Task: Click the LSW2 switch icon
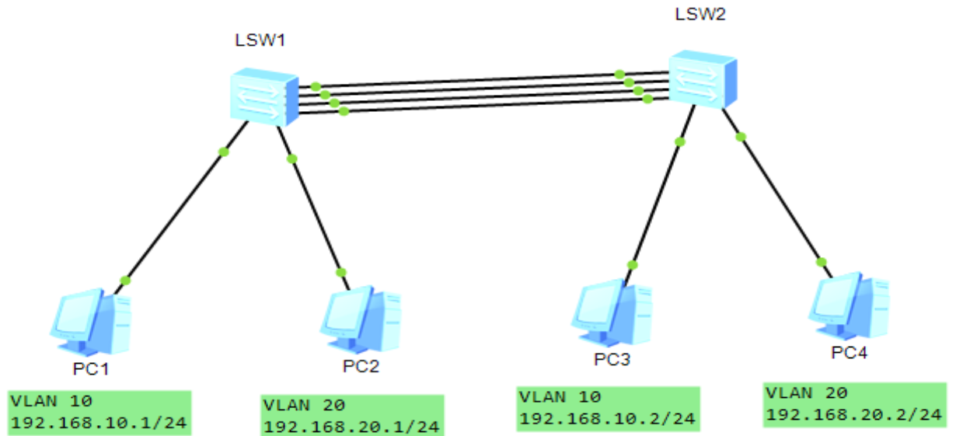[x=702, y=79]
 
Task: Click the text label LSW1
[x=260, y=41]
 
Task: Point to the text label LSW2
[x=700, y=14]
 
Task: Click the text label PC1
[x=92, y=368]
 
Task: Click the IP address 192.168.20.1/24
[x=351, y=426]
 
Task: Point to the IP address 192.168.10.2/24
[x=606, y=419]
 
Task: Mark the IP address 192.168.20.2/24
[x=853, y=414]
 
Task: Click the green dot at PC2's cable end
[x=341, y=272]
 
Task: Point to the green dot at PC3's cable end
[x=633, y=265]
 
